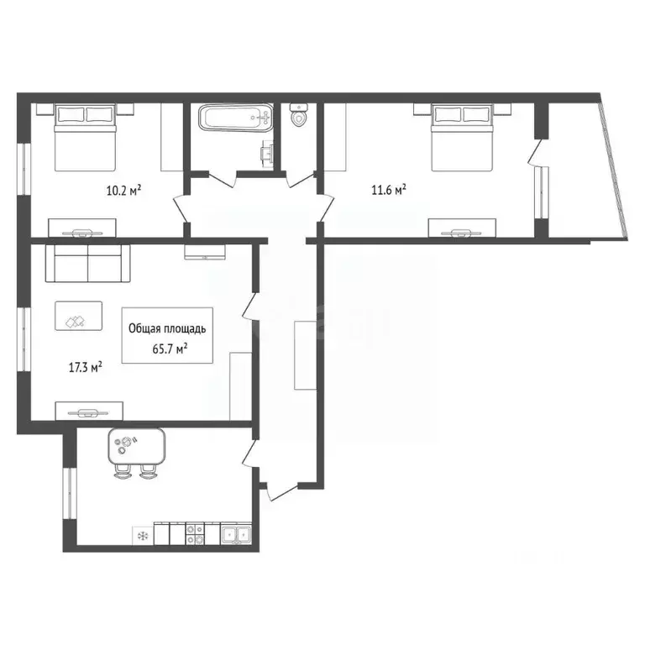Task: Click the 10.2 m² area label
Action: tap(122, 191)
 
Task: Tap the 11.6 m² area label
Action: tap(389, 191)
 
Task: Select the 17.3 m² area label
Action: tap(85, 367)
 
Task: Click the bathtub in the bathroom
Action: tap(236, 118)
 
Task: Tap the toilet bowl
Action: tap(298, 117)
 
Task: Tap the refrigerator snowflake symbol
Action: tap(142, 533)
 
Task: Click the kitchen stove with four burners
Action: tap(194, 532)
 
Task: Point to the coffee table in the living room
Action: tap(78, 316)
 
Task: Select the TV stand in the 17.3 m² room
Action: tap(89, 411)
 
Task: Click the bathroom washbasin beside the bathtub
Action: tap(267, 151)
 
